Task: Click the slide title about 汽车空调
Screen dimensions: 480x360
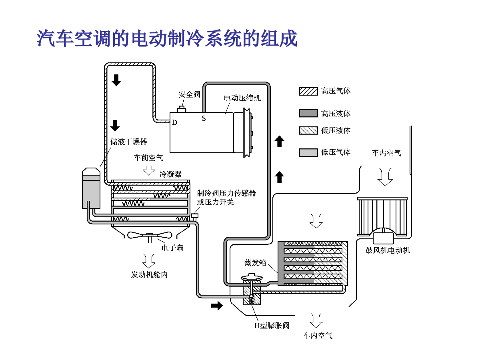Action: tap(167, 38)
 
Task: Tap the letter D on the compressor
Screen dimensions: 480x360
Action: tap(174, 122)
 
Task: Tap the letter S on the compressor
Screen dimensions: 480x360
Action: tap(204, 118)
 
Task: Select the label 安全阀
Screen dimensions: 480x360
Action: tap(189, 94)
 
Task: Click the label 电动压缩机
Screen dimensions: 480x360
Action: tap(242, 98)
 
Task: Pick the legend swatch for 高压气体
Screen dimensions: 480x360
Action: tap(308, 91)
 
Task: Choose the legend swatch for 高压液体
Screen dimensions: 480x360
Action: tap(308, 113)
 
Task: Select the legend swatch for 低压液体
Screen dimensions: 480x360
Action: tap(308, 130)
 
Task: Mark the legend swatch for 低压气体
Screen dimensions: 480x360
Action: tap(308, 152)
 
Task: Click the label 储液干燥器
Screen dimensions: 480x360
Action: tap(129, 142)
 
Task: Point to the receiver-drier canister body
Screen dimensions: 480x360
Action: tap(91, 188)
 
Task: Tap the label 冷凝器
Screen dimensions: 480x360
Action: tap(171, 174)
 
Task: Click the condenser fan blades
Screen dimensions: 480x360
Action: tap(150, 235)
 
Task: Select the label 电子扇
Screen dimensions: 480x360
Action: tap(172, 248)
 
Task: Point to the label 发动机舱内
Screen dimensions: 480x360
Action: tap(149, 274)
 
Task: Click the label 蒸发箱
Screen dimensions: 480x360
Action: tap(255, 263)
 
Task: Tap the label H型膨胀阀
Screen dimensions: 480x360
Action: tap(272, 326)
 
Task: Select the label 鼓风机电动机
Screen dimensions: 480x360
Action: tap(388, 250)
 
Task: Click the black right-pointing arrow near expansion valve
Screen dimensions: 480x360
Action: tap(217, 306)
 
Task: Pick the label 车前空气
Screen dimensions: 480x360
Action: tap(148, 158)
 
